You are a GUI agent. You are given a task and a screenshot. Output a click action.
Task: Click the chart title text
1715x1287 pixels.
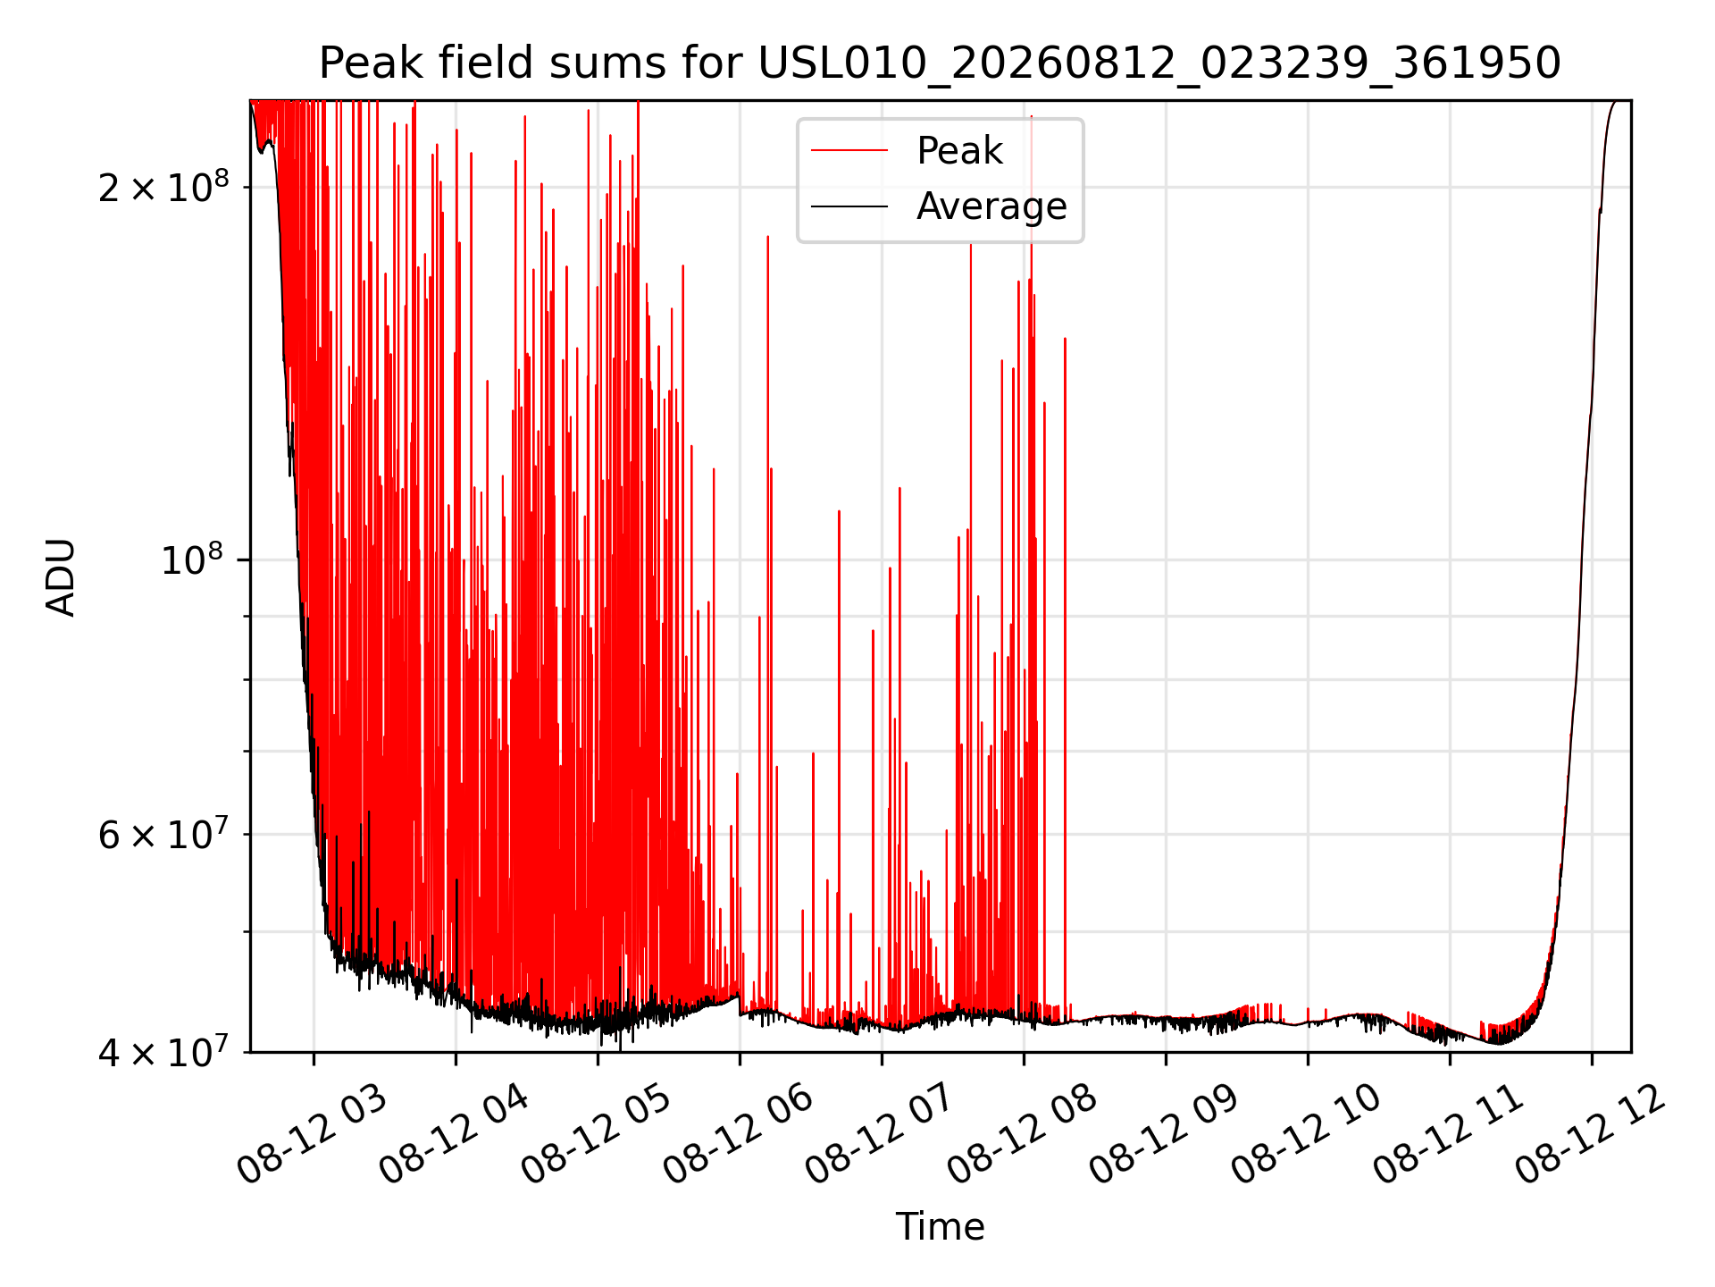click(x=940, y=63)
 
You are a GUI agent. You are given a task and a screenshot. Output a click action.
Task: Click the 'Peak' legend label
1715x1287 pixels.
click(x=960, y=151)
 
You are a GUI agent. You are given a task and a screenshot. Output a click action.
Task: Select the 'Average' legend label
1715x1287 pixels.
click(x=991, y=206)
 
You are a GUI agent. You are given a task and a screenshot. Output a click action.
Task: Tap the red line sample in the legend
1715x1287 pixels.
click(x=849, y=151)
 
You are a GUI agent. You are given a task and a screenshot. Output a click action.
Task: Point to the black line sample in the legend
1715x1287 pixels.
click(x=849, y=206)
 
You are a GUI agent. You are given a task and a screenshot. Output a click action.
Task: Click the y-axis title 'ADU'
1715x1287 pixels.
click(x=61, y=577)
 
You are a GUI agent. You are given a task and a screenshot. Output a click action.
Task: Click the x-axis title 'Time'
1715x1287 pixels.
click(x=940, y=1227)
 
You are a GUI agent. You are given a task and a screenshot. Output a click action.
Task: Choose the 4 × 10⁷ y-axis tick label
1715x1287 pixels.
click(x=163, y=1052)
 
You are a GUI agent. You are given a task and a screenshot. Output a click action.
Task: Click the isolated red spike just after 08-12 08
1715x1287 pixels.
click(x=1065, y=679)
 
